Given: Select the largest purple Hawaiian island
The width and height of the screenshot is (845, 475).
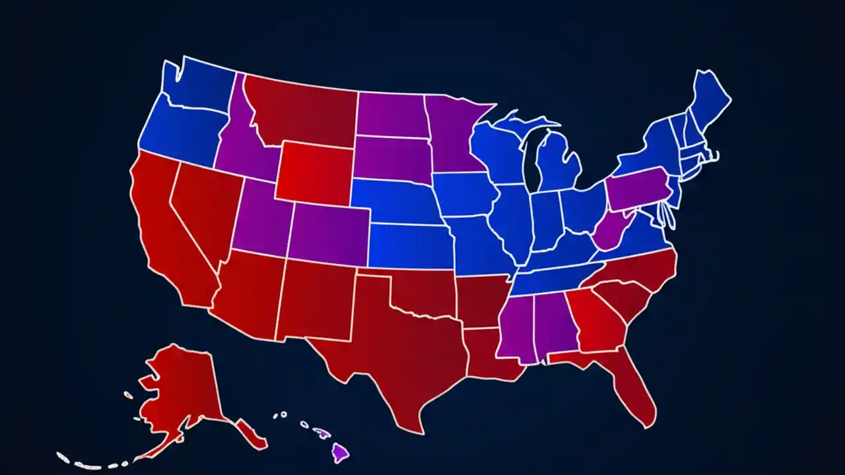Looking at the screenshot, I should click(x=340, y=453).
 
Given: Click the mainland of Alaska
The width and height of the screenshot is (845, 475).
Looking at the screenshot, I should click(x=182, y=389).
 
